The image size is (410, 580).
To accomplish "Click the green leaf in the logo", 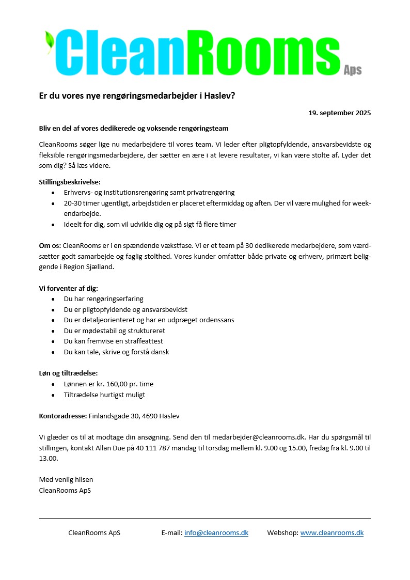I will coord(50,41).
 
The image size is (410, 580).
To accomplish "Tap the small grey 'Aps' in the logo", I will coord(353,70).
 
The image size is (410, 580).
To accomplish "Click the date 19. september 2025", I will coord(339,113).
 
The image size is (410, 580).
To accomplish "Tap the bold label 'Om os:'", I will coord(50,246).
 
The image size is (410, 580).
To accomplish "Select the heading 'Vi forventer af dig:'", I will coord(68,288).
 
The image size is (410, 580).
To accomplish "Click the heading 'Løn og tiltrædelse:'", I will coord(68,373).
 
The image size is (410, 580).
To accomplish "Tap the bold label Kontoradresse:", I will coord(63,416).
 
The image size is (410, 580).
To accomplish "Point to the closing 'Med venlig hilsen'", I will coord(66,480).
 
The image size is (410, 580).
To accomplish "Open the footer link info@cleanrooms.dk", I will coord(216,532).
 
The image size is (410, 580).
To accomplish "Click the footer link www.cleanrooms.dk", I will coord(332,532).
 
